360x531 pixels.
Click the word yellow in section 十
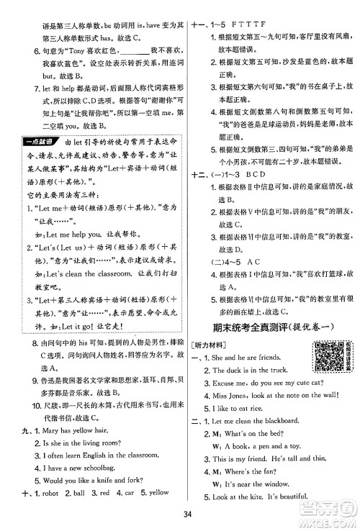tap(169, 492)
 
